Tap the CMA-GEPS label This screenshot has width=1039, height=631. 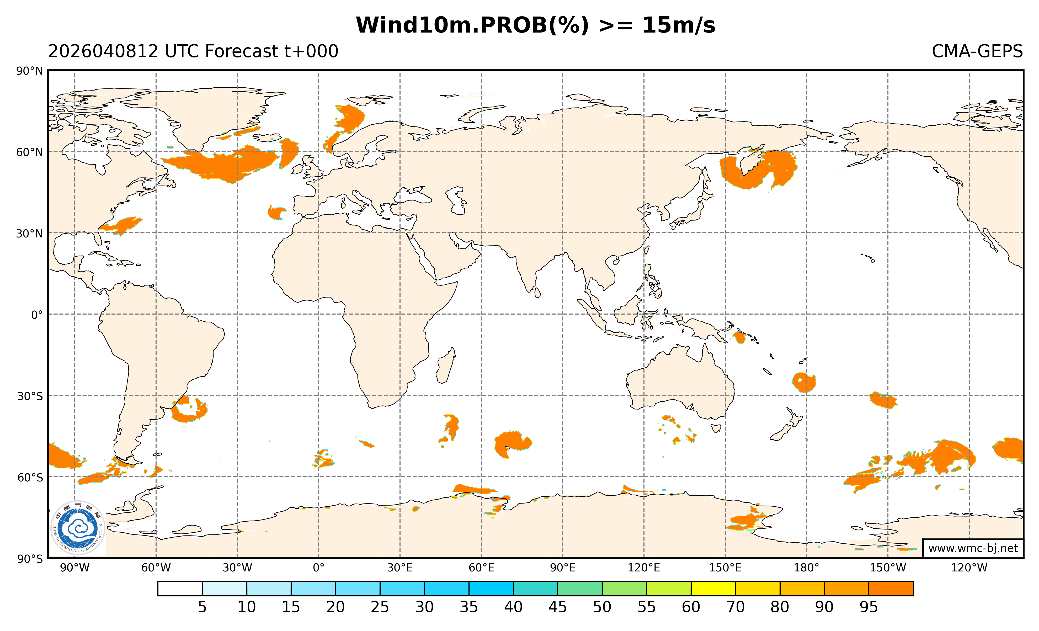977,51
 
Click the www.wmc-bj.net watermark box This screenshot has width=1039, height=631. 973,548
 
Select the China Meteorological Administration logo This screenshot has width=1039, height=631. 78,528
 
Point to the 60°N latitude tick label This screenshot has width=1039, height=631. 30,152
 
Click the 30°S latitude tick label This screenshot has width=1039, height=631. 30,396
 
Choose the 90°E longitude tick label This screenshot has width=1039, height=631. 562,568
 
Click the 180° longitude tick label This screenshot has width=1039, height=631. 806,568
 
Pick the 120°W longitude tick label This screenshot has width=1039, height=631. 969,568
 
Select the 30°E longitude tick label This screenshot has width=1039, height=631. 400,568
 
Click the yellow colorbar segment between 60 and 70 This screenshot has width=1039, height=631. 713,589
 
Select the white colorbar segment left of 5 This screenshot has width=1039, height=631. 180,589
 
